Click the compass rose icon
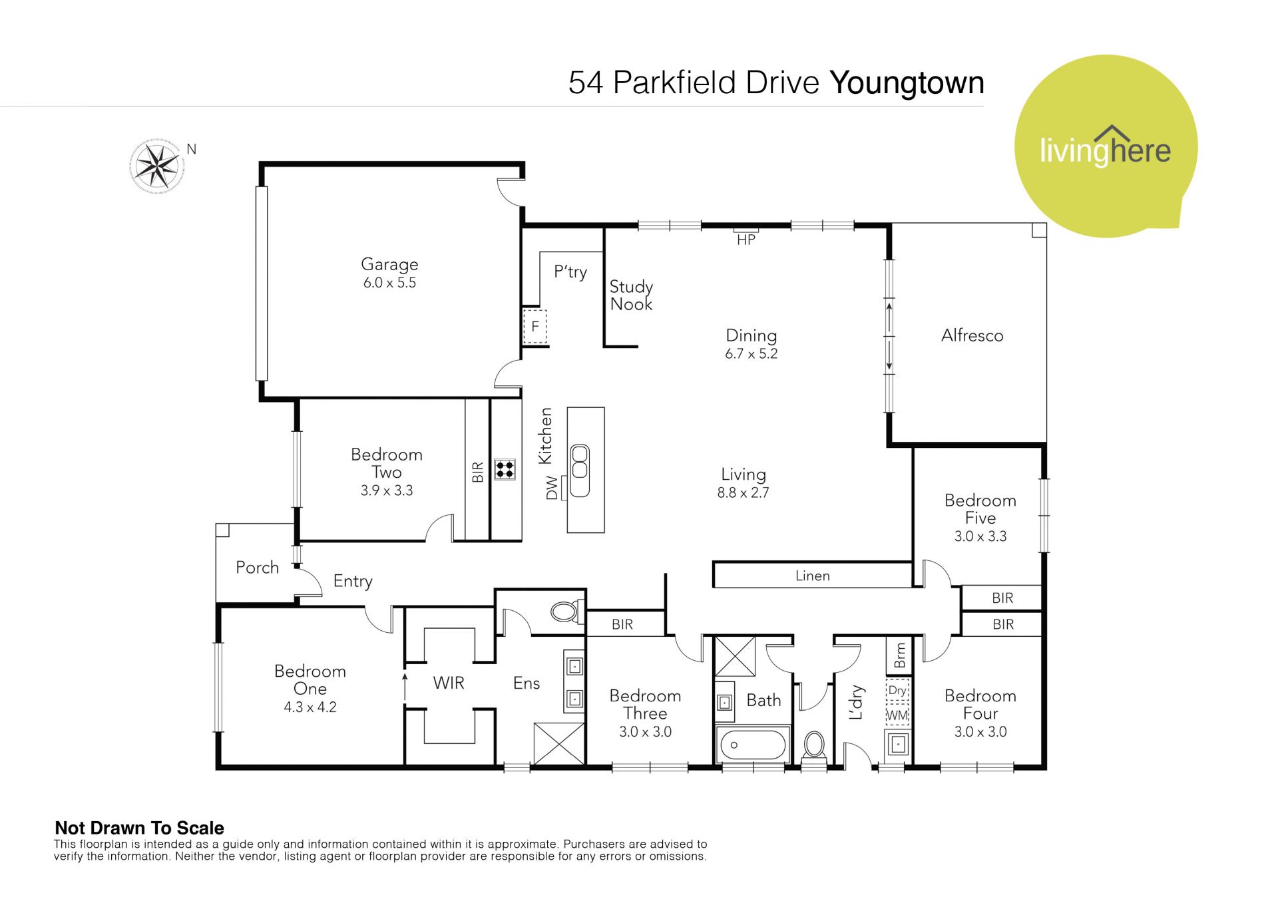[156, 166]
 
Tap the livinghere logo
[1106, 146]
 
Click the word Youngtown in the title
[907, 83]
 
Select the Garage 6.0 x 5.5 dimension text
[389, 283]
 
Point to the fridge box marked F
[534, 327]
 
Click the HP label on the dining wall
[746, 240]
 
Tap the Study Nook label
[631, 295]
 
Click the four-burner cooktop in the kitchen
[505, 469]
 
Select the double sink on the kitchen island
[580, 470]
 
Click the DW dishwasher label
[552, 488]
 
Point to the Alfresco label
[972, 335]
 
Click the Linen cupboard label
[813, 576]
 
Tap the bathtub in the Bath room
[753, 745]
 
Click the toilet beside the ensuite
[567, 611]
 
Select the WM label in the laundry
[897, 715]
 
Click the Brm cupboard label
[900, 655]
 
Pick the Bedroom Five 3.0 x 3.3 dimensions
[980, 536]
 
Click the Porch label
[257, 568]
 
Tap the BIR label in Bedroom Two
[477, 472]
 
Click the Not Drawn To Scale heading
[139, 828]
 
